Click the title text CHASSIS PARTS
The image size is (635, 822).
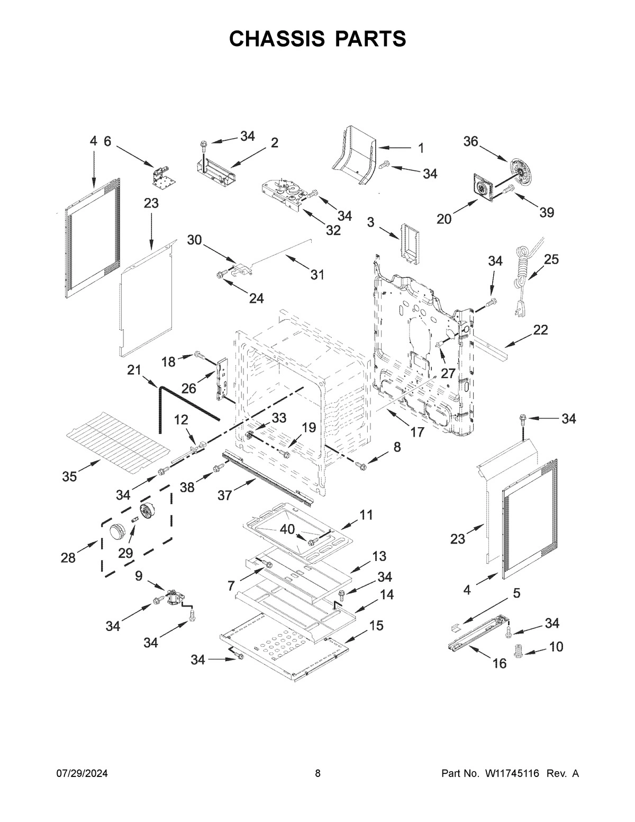(x=317, y=39)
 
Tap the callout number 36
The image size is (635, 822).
(x=470, y=141)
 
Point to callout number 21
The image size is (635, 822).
(x=134, y=370)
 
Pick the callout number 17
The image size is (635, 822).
(x=417, y=432)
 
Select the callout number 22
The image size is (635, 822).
(x=540, y=330)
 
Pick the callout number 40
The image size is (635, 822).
(x=287, y=529)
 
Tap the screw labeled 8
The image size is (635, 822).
(x=362, y=465)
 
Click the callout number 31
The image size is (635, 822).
(x=317, y=275)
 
